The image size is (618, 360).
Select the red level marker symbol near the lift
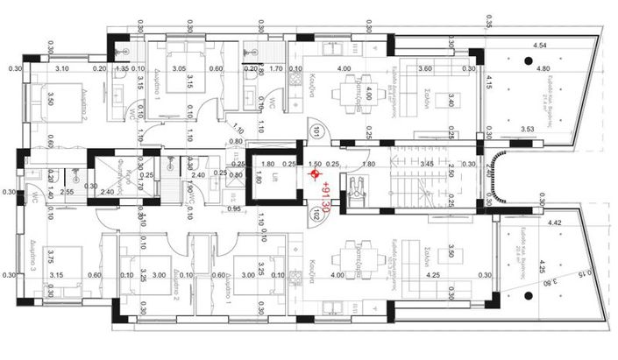(316, 174)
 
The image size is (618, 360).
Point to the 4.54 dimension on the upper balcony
(540, 45)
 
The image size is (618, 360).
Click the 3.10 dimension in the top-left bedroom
(62, 68)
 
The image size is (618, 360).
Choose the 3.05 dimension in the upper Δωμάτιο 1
(178, 68)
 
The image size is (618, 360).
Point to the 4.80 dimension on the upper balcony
(543, 68)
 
